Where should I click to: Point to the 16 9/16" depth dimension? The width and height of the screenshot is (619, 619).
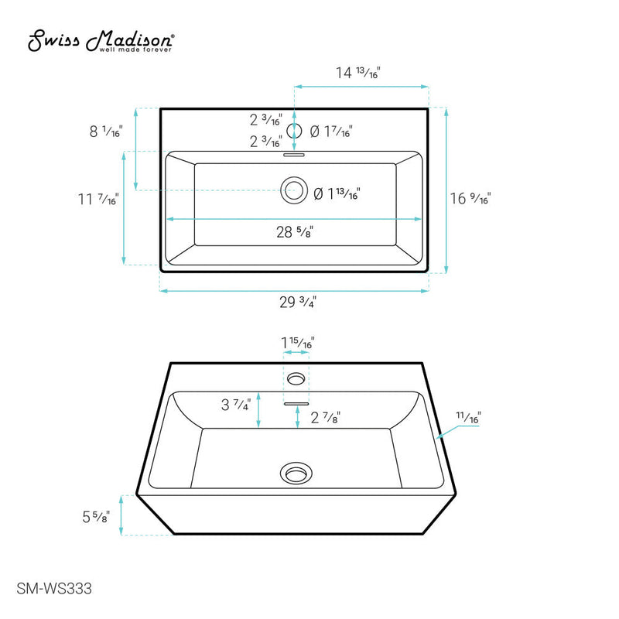coord(470,198)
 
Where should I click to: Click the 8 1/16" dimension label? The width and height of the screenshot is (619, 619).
coord(106,132)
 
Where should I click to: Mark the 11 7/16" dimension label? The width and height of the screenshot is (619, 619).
coord(97,200)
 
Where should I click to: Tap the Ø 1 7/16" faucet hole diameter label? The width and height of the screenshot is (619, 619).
coord(330,132)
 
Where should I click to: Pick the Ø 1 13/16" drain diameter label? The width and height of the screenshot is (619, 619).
coord(337,193)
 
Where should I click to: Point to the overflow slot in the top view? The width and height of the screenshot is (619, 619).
coord(294,154)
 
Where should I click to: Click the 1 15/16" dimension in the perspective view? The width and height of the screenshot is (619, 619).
coord(297,342)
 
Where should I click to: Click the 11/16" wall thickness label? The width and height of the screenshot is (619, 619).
coord(467,418)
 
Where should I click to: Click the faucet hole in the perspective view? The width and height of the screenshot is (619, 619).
coord(296,378)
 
